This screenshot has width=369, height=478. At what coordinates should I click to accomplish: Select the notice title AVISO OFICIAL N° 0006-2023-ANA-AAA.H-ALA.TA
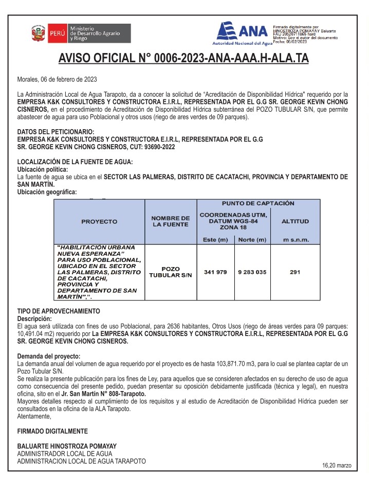183,58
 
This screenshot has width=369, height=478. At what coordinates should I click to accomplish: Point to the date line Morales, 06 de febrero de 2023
57,79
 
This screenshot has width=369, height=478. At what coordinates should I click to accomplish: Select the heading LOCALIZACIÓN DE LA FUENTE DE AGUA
75,162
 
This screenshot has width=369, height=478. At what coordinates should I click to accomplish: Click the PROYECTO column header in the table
99,221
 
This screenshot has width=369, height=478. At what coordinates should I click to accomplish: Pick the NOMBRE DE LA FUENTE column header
171,221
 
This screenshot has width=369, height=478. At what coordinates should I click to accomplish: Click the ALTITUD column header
295,221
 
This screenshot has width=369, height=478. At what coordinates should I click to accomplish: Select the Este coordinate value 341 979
215,272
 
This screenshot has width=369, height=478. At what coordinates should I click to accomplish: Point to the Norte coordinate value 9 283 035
252,272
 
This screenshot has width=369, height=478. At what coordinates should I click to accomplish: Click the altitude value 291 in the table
295,272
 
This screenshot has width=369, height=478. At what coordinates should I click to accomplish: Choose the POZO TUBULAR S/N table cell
171,272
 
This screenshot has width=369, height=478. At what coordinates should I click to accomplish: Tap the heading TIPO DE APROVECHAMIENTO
59,311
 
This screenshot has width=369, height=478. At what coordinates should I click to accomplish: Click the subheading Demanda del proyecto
49,356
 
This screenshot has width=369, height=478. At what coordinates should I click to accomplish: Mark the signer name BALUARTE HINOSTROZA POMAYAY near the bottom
67,446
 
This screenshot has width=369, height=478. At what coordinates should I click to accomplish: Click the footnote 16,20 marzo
337,465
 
